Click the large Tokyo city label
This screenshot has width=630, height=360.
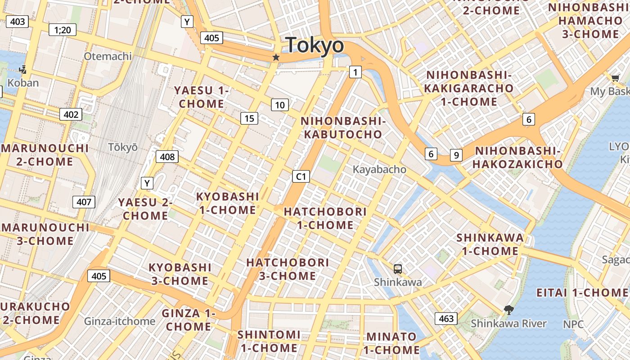point(315,45)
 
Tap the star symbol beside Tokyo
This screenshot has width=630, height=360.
point(276,58)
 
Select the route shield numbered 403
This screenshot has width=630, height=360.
point(18,21)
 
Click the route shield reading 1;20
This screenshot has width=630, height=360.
point(63,30)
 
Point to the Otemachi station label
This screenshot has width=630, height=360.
point(108,56)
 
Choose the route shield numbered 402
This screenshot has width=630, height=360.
point(71,114)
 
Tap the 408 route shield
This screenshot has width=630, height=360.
point(167,157)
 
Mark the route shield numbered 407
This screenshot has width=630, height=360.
point(84,202)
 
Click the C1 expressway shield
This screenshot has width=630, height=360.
point(301,176)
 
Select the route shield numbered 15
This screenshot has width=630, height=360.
point(249,118)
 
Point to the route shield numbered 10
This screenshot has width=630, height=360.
point(280,105)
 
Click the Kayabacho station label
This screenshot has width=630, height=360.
point(379,170)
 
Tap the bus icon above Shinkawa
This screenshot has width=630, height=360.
point(398,269)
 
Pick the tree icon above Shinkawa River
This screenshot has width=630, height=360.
point(509,310)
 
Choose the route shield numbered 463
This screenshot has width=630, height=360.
point(446,319)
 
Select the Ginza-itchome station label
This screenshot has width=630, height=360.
point(120,321)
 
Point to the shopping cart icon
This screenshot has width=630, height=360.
point(615,78)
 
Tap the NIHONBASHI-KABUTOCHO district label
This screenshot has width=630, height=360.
point(343,128)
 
